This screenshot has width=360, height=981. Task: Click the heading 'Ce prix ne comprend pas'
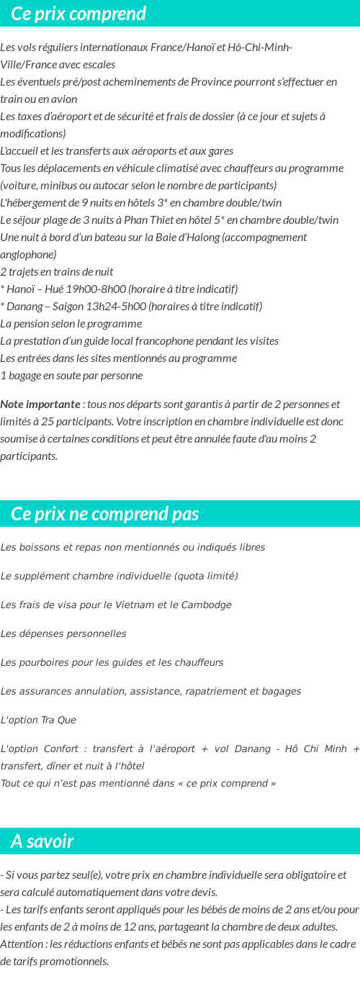105,514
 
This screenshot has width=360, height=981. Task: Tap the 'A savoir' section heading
42,841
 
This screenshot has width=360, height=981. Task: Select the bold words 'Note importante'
40,404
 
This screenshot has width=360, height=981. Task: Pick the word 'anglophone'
28,255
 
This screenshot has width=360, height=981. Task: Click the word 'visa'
72,605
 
